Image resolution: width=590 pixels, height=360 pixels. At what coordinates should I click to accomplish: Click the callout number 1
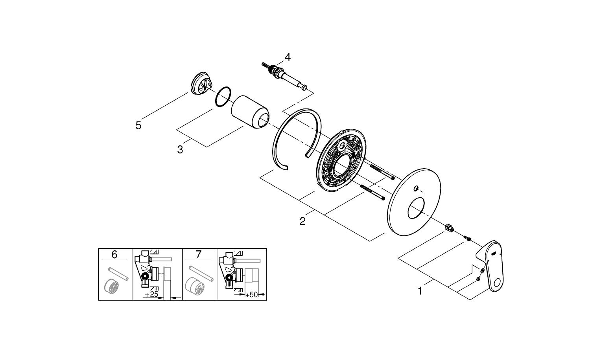[420, 291]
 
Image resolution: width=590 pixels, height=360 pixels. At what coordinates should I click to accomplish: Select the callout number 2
[302, 221]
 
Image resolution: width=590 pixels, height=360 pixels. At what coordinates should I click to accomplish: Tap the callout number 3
[180, 150]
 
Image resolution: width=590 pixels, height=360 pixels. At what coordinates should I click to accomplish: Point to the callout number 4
[288, 57]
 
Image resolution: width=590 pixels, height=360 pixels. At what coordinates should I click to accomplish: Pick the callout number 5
[138, 125]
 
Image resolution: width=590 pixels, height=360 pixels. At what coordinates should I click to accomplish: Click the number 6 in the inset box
[114, 255]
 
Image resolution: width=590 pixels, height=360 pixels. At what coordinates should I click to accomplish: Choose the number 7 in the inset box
[198, 255]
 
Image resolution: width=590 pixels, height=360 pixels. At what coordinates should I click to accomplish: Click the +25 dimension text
[151, 294]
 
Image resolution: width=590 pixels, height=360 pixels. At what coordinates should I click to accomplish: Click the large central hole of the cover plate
[415, 208]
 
